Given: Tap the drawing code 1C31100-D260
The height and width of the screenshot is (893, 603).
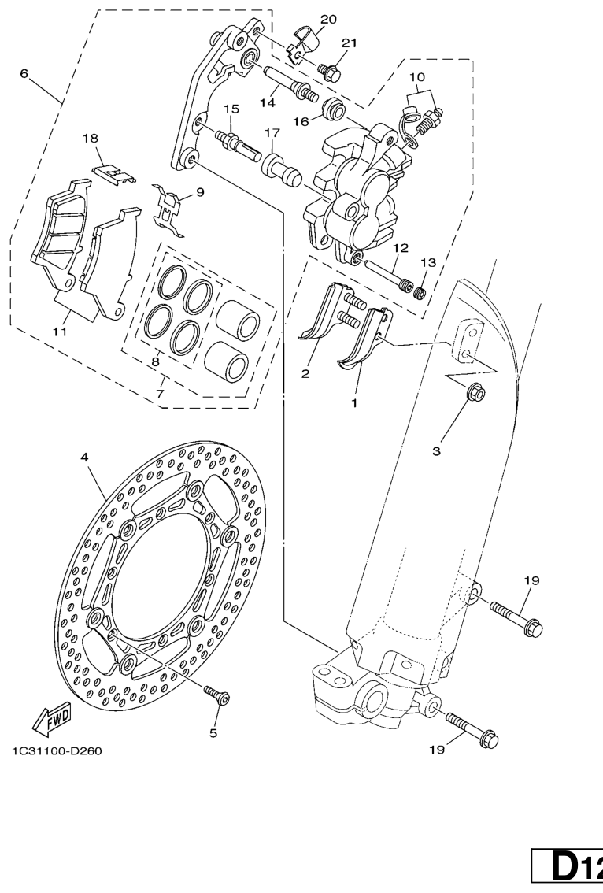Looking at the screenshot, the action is [x=57, y=750].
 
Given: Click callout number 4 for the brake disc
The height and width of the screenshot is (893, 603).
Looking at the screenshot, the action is [x=84, y=457].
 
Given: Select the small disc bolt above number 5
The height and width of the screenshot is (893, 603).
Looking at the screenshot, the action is [x=216, y=695].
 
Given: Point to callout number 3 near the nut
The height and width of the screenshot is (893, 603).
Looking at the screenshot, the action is [x=436, y=451].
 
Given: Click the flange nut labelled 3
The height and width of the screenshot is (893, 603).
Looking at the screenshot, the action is [x=475, y=392].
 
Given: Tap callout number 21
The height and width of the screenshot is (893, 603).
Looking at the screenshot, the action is [x=349, y=43].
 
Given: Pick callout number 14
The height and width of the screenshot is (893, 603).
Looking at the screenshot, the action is [x=268, y=102].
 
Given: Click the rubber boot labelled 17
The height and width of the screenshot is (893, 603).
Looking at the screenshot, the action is [x=281, y=169].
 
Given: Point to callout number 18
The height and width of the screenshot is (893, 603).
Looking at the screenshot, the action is [x=90, y=138].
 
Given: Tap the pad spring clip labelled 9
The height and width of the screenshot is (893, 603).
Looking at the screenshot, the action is [x=168, y=209].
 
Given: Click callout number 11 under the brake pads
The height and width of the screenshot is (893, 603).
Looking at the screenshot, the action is [x=61, y=332].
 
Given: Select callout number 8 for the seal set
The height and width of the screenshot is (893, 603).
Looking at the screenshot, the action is [x=155, y=361].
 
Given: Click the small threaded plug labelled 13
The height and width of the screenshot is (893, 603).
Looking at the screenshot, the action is [x=420, y=293].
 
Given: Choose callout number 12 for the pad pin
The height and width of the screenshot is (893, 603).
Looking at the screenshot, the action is [x=400, y=248].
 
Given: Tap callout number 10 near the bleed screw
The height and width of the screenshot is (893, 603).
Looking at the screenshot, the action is [x=416, y=77].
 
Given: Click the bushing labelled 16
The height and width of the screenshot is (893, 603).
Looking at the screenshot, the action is [x=332, y=109].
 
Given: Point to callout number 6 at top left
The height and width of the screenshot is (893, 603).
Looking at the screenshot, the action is [x=24, y=73].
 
